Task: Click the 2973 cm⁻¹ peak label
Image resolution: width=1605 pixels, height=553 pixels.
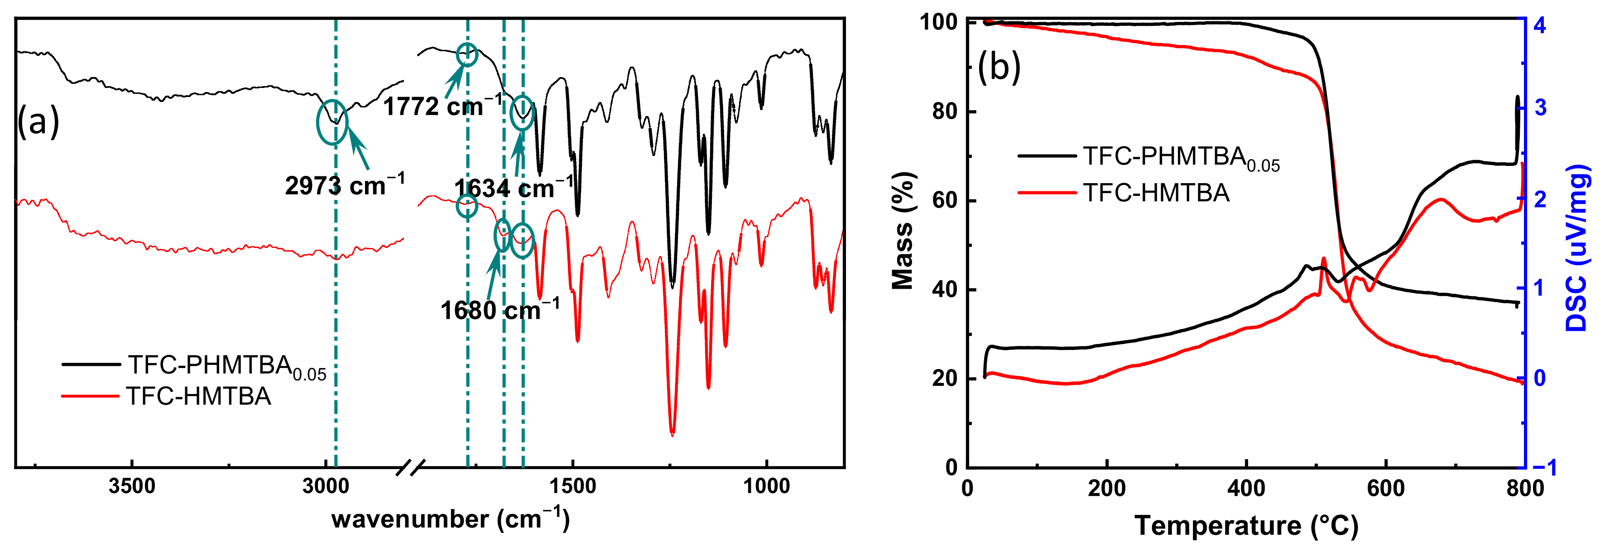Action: coord(345,186)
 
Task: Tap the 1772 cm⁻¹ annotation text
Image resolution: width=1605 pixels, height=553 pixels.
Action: coord(442,107)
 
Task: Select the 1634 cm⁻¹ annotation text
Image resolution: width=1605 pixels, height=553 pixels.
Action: coord(513,188)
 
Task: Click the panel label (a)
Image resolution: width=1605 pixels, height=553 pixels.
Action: coord(38,121)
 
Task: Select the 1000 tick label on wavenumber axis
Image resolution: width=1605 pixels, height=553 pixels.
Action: coord(766,486)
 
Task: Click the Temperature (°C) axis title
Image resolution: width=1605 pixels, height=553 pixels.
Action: coord(1246,525)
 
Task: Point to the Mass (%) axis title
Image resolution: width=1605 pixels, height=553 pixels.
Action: coord(903,231)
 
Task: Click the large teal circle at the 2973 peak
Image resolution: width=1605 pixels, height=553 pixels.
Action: coord(333,122)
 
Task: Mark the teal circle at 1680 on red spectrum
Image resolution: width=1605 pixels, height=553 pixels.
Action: coord(502,236)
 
